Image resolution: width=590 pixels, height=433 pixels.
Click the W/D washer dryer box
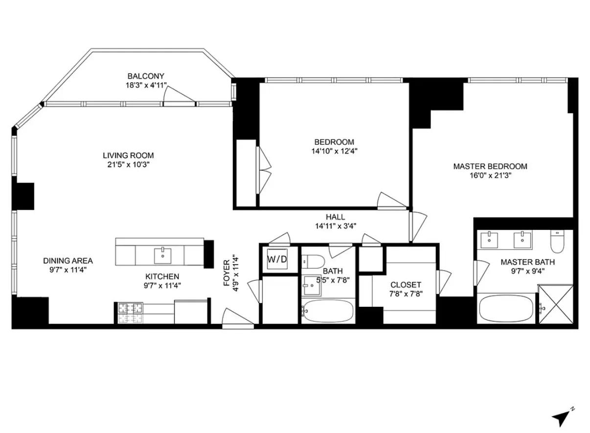[276, 259]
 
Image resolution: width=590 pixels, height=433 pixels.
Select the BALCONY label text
[146, 76]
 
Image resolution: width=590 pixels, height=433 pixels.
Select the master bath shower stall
[555, 304]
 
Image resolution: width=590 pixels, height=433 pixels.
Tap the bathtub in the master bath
[505, 309]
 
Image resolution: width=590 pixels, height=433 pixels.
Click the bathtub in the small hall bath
[327, 311]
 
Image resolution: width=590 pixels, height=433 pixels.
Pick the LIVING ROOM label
[128, 156]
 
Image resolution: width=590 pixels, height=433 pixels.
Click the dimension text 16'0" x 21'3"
[490, 176]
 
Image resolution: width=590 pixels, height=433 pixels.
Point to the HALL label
[335, 217]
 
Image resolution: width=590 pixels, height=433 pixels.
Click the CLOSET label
[406, 285]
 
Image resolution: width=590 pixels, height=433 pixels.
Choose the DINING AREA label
[68, 261]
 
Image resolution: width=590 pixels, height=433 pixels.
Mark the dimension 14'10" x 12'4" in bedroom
[334, 151]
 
